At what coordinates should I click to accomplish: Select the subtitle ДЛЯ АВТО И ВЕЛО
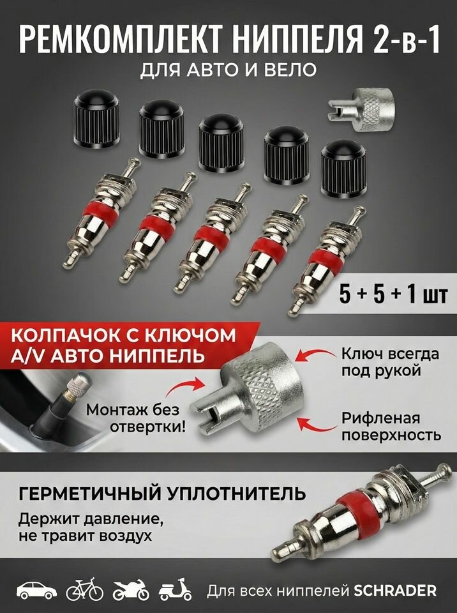(228, 72)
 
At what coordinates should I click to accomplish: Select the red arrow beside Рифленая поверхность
(317, 425)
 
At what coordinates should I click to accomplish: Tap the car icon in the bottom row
(33, 589)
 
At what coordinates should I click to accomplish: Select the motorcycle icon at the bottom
(131, 589)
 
